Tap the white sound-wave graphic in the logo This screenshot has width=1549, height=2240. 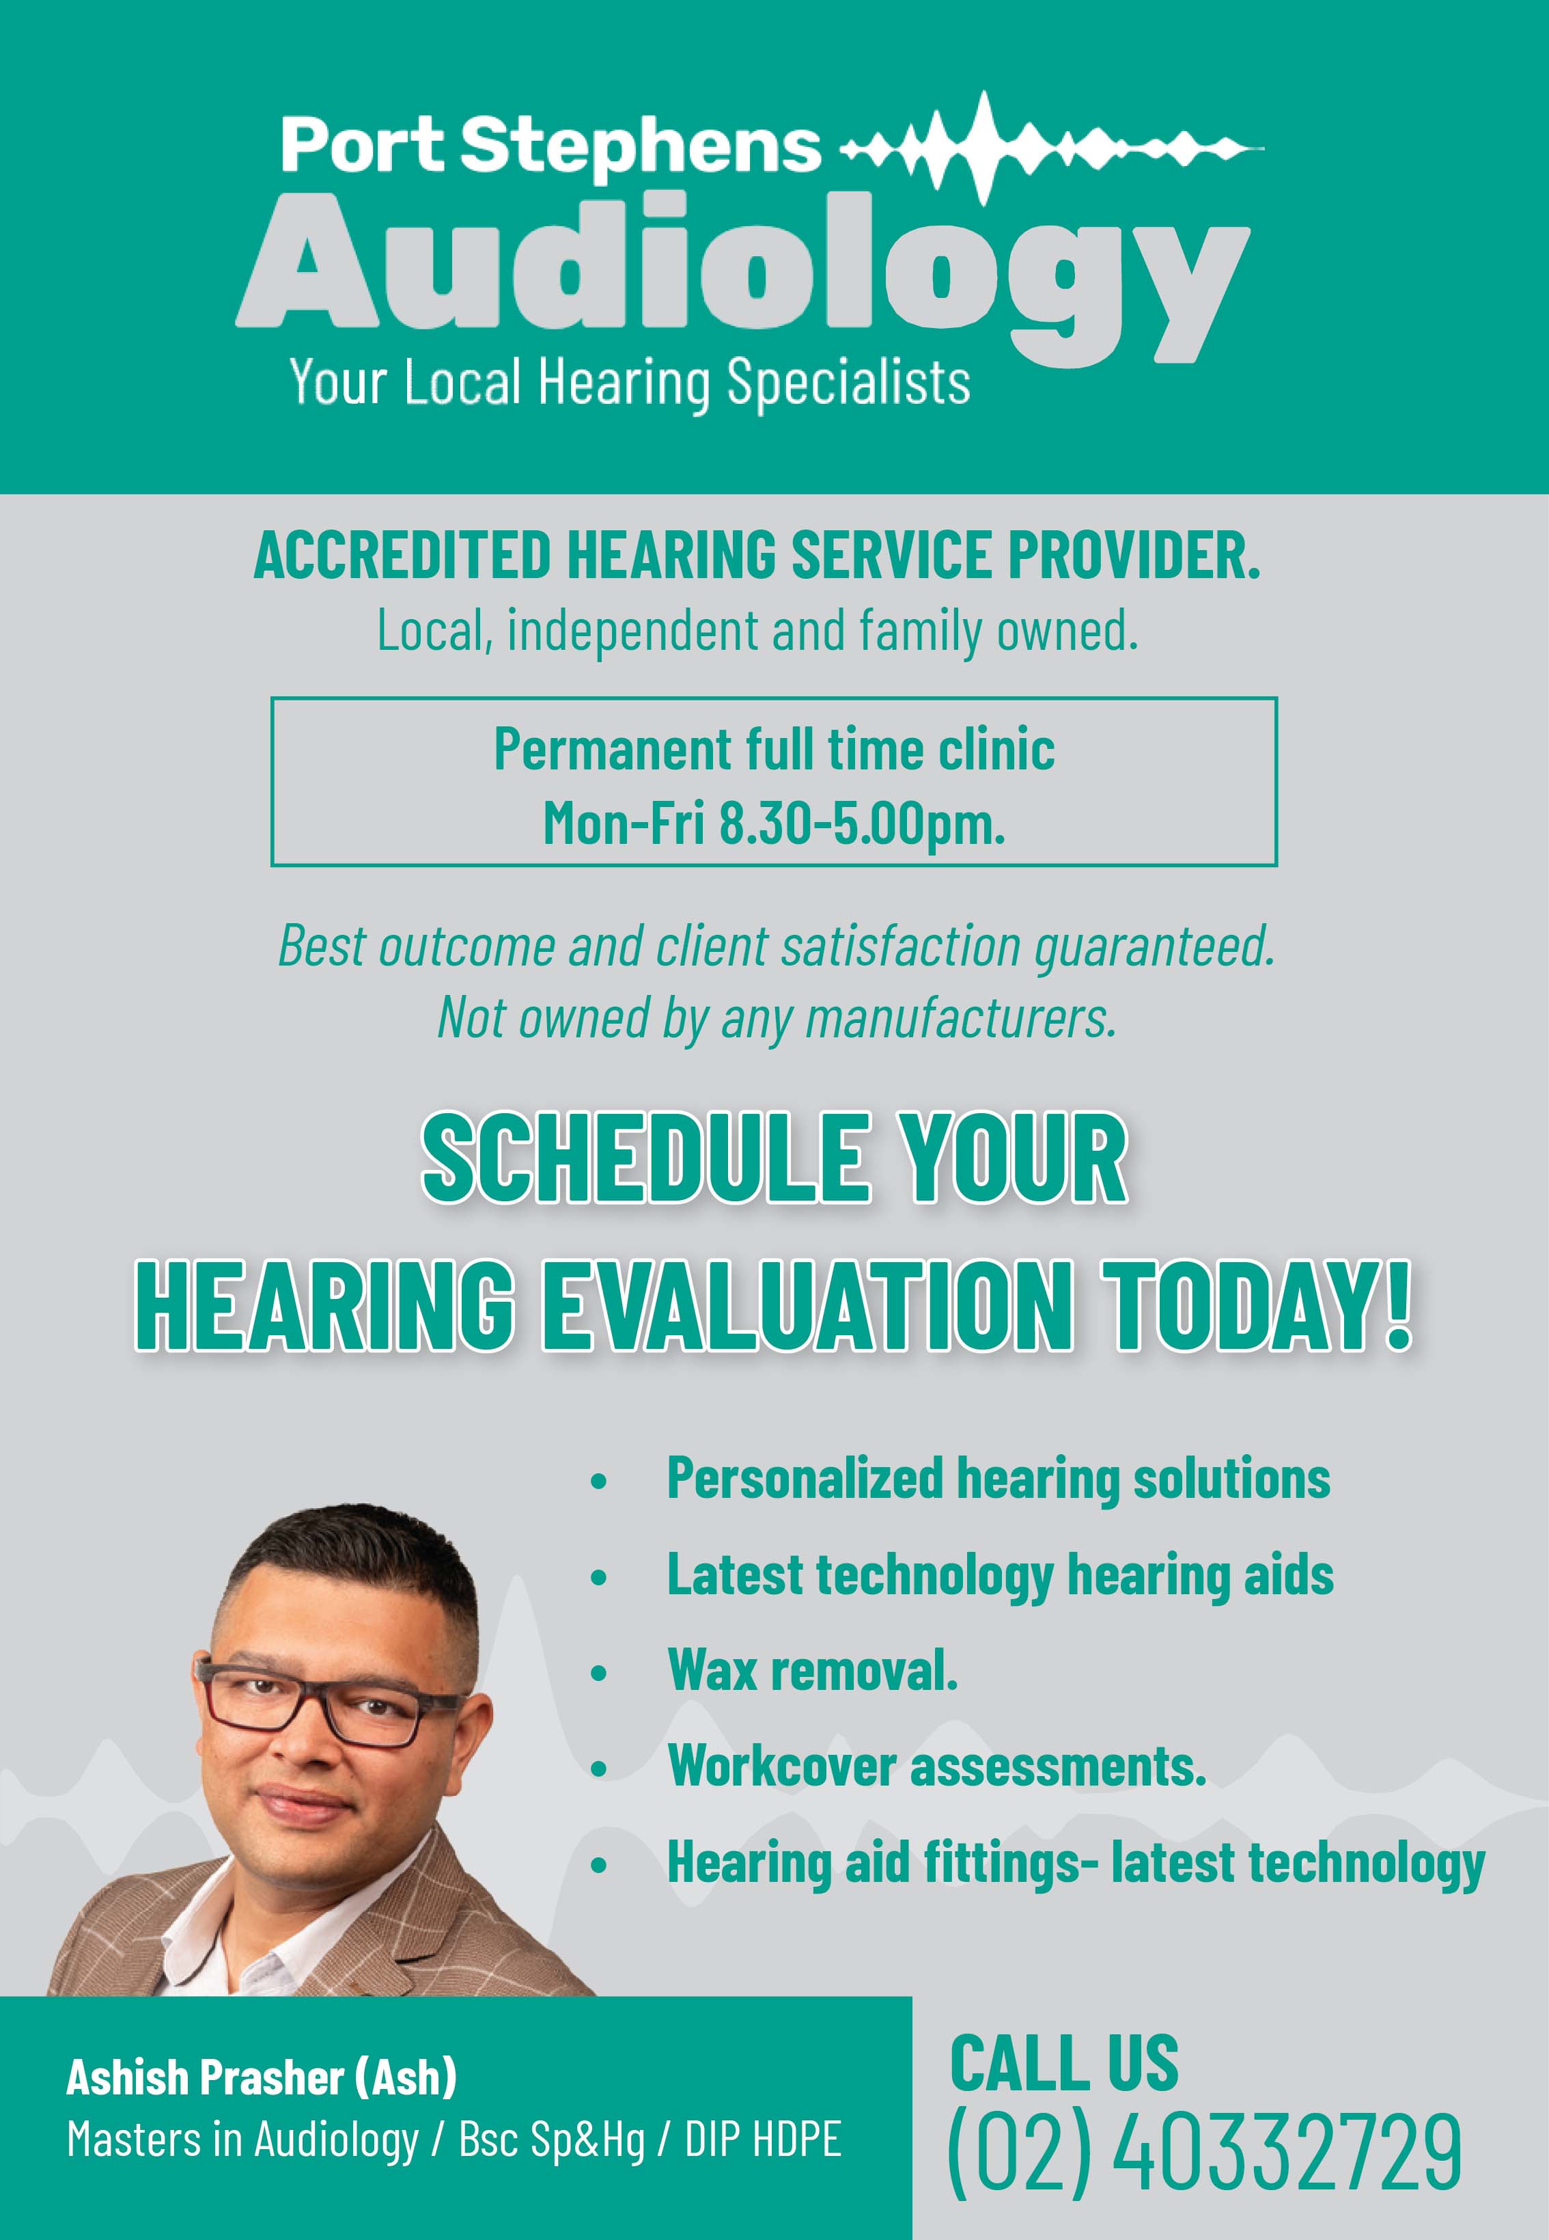click(1051, 148)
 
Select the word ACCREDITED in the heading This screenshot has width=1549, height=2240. click(402, 556)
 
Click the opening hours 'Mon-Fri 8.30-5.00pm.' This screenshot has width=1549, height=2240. click(774, 823)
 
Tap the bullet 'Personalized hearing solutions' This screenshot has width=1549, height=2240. click(998, 1479)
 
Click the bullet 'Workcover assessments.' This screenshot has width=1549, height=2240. click(936, 1765)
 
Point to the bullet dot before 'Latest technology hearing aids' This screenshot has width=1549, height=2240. click(599, 1578)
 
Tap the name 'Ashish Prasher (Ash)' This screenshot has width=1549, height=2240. click(261, 2077)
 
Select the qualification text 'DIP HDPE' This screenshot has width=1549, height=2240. click(763, 2140)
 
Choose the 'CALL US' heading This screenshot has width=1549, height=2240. click(1063, 2062)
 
